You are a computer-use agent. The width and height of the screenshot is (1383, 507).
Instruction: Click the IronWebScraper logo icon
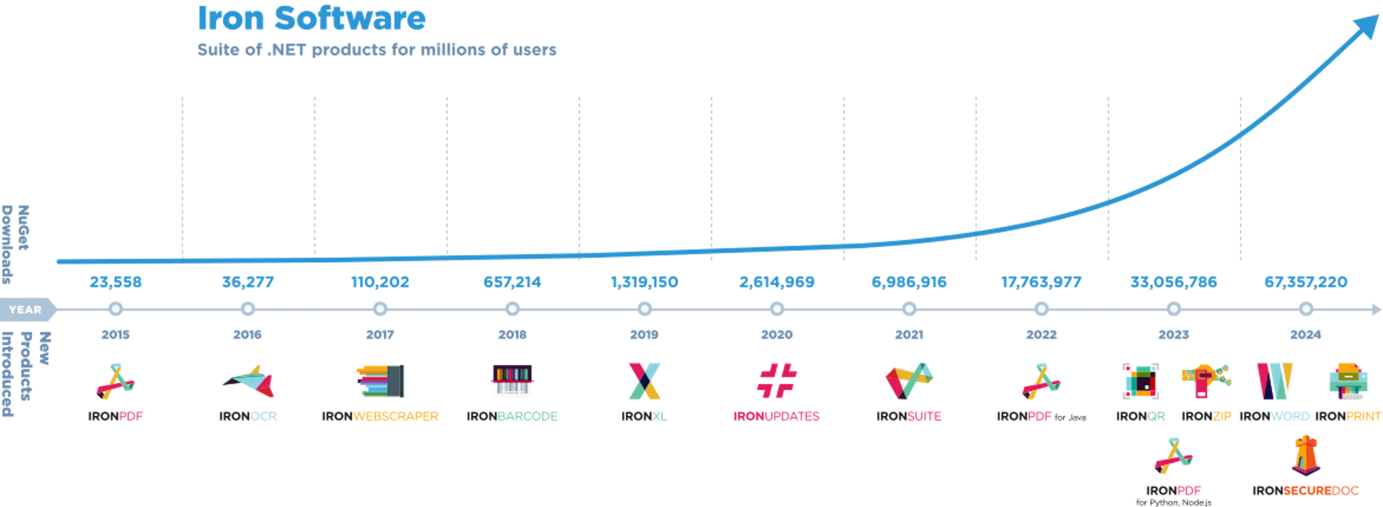point(380,381)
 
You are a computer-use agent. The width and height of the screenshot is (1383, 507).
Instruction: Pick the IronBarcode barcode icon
point(512,382)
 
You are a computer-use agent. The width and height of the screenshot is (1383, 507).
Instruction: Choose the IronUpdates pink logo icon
point(777,381)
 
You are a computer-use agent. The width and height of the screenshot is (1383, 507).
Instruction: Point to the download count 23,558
point(116,282)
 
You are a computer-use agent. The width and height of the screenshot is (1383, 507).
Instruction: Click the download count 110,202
point(380,282)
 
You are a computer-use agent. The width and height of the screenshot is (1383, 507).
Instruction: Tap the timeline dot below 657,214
point(512,310)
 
